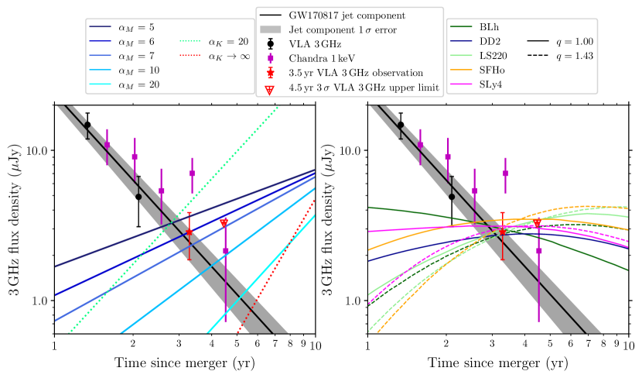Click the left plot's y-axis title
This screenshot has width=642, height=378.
15,218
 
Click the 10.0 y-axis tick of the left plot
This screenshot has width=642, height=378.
36,150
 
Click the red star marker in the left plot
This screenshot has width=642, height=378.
189,232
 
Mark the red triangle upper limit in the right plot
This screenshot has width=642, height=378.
538,223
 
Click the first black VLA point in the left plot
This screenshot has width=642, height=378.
87,125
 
